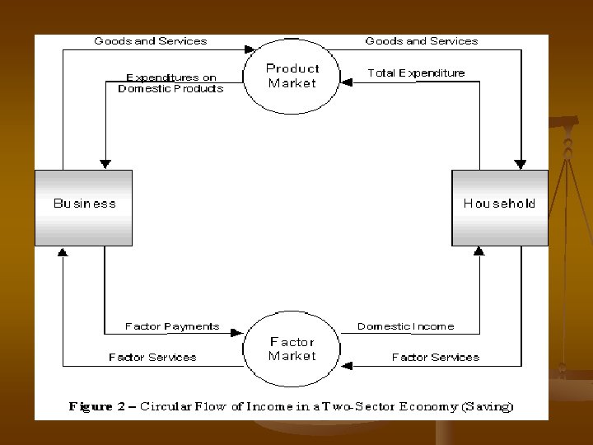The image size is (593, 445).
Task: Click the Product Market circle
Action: click(292, 76)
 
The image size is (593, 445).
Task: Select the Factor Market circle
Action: click(292, 349)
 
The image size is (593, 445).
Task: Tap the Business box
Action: click(84, 207)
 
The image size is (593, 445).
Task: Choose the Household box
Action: click(499, 207)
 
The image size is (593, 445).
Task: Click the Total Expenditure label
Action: click(416, 73)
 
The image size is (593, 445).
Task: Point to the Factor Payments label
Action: click(172, 326)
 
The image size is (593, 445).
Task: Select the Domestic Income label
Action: click(405, 326)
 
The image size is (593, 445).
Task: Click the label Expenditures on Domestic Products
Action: click(170, 82)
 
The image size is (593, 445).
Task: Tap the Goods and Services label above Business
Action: click(151, 40)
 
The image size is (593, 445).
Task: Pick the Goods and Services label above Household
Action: click(421, 40)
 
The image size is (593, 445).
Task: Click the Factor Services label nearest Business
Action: click(152, 358)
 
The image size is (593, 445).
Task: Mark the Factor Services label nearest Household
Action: click(435, 358)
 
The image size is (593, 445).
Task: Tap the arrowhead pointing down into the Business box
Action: click(105, 163)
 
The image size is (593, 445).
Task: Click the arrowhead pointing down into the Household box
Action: click(520, 163)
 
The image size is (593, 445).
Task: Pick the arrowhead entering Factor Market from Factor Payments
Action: click(236, 333)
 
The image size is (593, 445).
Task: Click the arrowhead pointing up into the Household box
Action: click(479, 251)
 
